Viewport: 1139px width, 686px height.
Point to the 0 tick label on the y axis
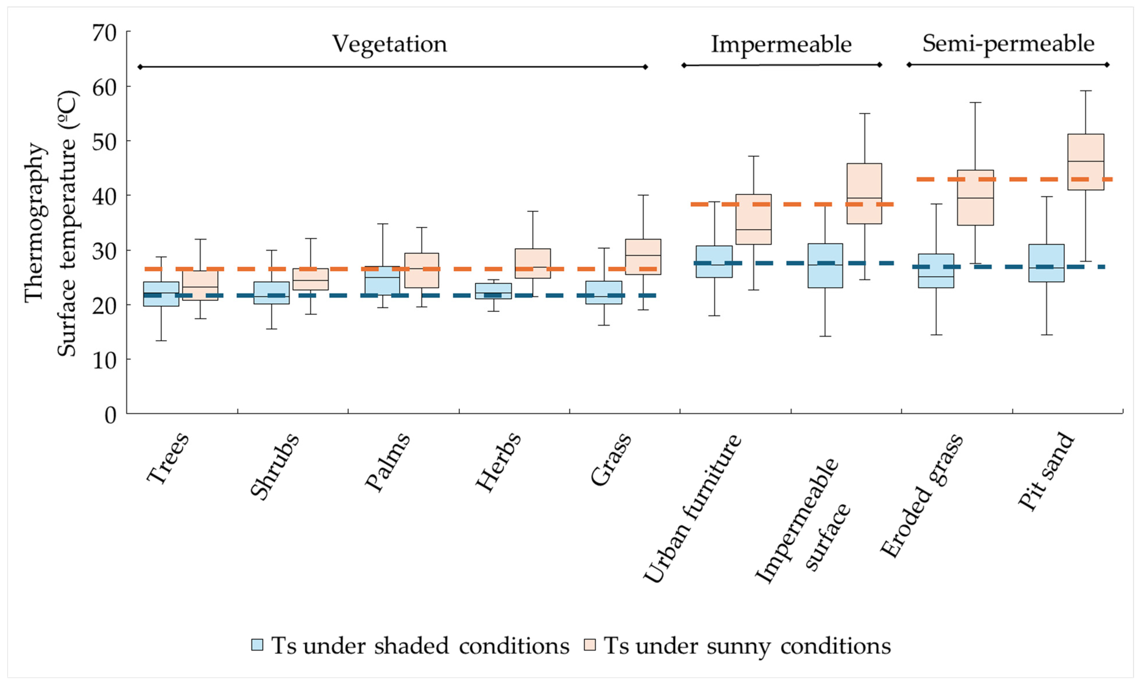click(111, 415)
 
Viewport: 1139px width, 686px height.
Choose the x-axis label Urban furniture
click(692, 508)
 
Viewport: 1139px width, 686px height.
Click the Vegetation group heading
click(390, 44)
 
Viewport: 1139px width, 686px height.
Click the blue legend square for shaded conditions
click(257, 645)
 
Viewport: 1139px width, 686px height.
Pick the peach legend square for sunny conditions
click(590, 645)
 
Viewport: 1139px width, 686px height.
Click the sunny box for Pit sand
click(1085, 162)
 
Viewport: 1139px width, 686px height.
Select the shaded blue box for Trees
click(161, 294)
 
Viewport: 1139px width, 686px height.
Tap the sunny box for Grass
click(643, 257)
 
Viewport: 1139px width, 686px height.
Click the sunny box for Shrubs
click(311, 279)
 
